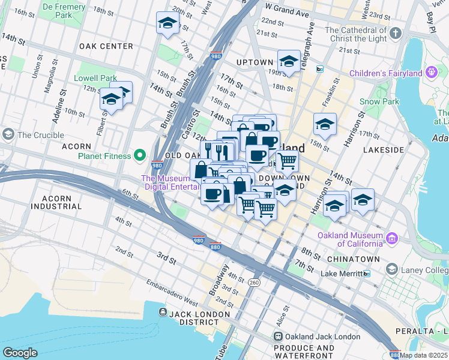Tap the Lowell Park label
point(95,78)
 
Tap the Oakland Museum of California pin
point(392,239)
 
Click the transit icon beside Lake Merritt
point(367,274)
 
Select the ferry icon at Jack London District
point(163,312)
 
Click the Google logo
point(20,352)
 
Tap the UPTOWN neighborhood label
point(255,62)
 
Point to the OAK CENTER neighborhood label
point(106,46)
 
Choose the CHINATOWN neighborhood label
point(354,259)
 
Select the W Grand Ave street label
point(287,11)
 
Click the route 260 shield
point(255,281)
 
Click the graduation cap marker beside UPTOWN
point(289,61)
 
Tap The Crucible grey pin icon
point(9,134)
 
